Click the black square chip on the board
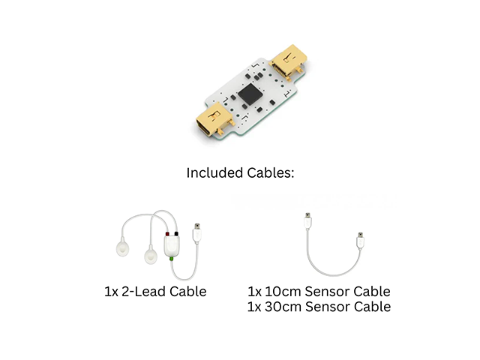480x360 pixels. [x=250, y=94]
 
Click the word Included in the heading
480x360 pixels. [x=215, y=172]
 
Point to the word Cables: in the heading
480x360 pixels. [x=271, y=172]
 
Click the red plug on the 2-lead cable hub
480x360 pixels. [x=167, y=234]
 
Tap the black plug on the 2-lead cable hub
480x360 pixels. [x=176, y=234]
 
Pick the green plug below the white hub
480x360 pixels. [x=172, y=259]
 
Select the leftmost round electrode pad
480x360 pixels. [x=123, y=247]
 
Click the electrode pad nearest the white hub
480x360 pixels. [x=151, y=255]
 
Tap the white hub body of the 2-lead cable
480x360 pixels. [x=172, y=246]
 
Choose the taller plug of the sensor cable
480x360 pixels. [x=308, y=221]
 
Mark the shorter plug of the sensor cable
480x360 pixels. [x=361, y=241]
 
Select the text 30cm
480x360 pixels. [x=283, y=307]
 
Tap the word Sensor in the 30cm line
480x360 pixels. [x=327, y=307]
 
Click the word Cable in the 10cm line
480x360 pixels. [x=372, y=292]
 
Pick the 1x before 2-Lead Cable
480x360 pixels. [x=111, y=292]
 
